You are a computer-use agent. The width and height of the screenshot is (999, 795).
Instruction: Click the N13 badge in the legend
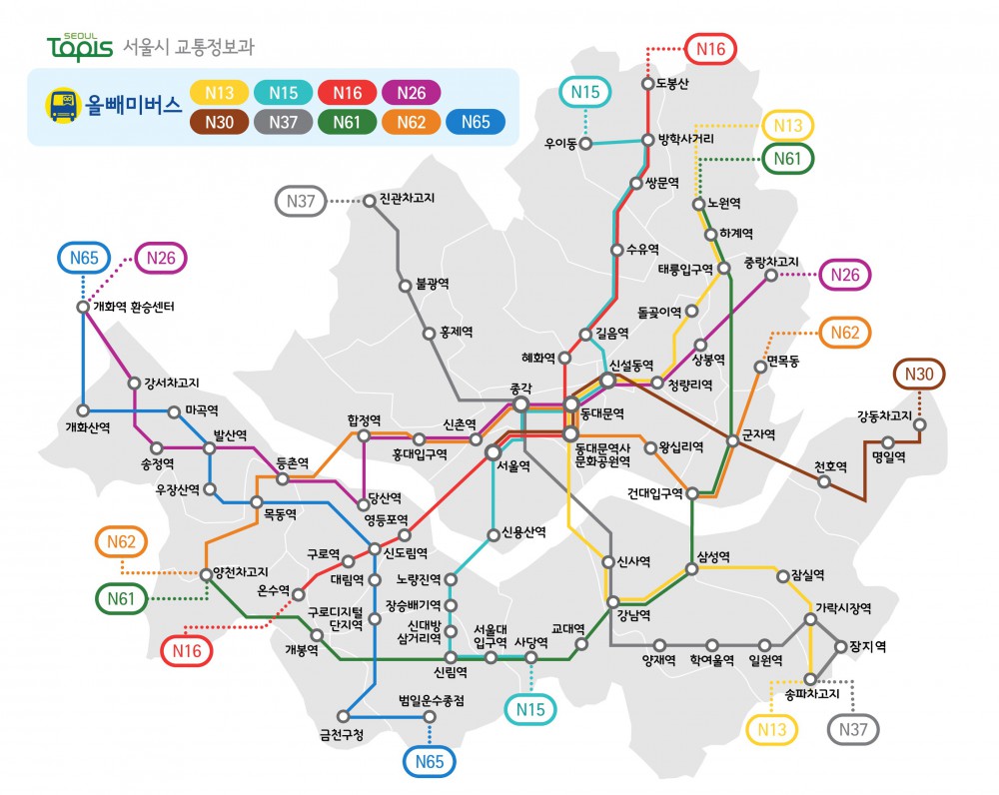(220, 93)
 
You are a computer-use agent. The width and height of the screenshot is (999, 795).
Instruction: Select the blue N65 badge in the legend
(476, 122)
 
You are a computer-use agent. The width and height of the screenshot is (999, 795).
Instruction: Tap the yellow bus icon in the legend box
(62, 106)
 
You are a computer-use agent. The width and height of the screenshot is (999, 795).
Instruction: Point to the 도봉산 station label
(672, 83)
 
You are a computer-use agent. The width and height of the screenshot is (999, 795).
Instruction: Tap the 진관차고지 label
(407, 200)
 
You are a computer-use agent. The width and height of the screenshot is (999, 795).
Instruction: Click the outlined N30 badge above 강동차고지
(919, 375)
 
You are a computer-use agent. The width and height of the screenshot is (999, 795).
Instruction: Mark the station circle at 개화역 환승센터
(83, 307)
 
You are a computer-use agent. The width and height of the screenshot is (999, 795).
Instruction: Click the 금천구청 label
(342, 735)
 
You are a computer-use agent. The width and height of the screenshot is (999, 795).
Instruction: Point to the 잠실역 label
(807, 575)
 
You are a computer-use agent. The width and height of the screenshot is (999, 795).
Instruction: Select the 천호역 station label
(830, 465)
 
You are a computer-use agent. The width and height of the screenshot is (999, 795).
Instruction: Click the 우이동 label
(560, 144)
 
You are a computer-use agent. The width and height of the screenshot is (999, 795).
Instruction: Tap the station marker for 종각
(520, 403)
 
